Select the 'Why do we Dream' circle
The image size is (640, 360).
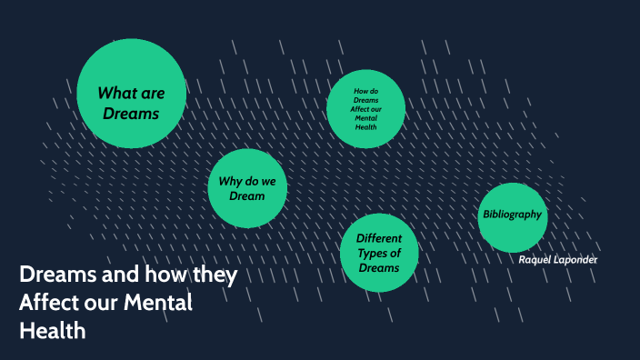247,188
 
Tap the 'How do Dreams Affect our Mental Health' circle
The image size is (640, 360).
365,109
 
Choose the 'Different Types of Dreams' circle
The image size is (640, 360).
379,254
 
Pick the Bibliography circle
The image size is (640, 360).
513,216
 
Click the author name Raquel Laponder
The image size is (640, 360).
558,260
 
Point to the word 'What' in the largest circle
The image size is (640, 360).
115,92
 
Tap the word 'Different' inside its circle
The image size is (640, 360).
379,239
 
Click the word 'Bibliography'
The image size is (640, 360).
512,215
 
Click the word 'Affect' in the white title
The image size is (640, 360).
49,303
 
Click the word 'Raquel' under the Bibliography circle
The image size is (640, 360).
535,260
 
